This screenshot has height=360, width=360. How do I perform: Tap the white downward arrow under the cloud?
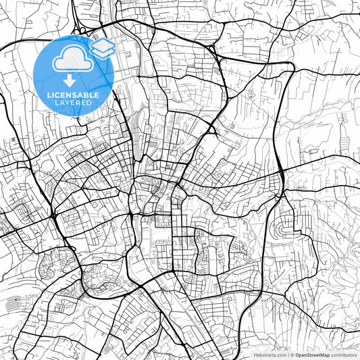(x=70, y=81)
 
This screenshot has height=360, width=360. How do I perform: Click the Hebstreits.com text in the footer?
(x=268, y=354)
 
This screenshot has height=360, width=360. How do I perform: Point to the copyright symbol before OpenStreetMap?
(x=291, y=354)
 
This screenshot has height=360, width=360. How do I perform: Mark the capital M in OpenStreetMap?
(x=322, y=354)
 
